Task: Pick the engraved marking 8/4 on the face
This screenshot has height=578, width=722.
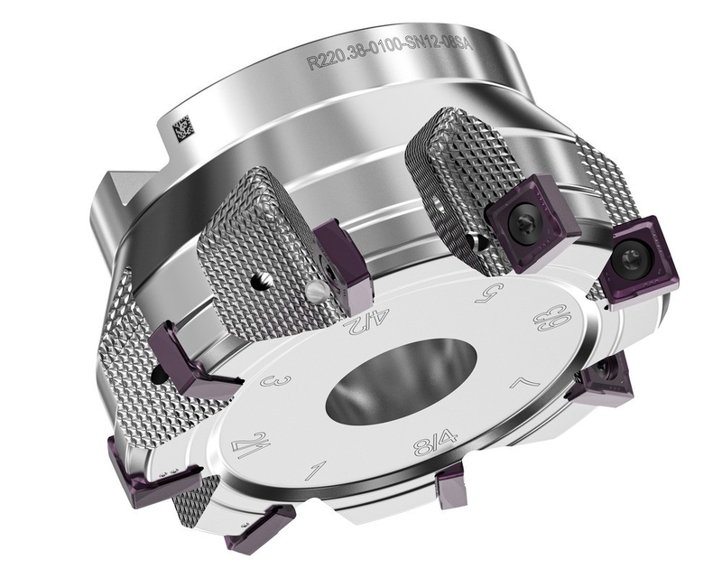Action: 435,446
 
